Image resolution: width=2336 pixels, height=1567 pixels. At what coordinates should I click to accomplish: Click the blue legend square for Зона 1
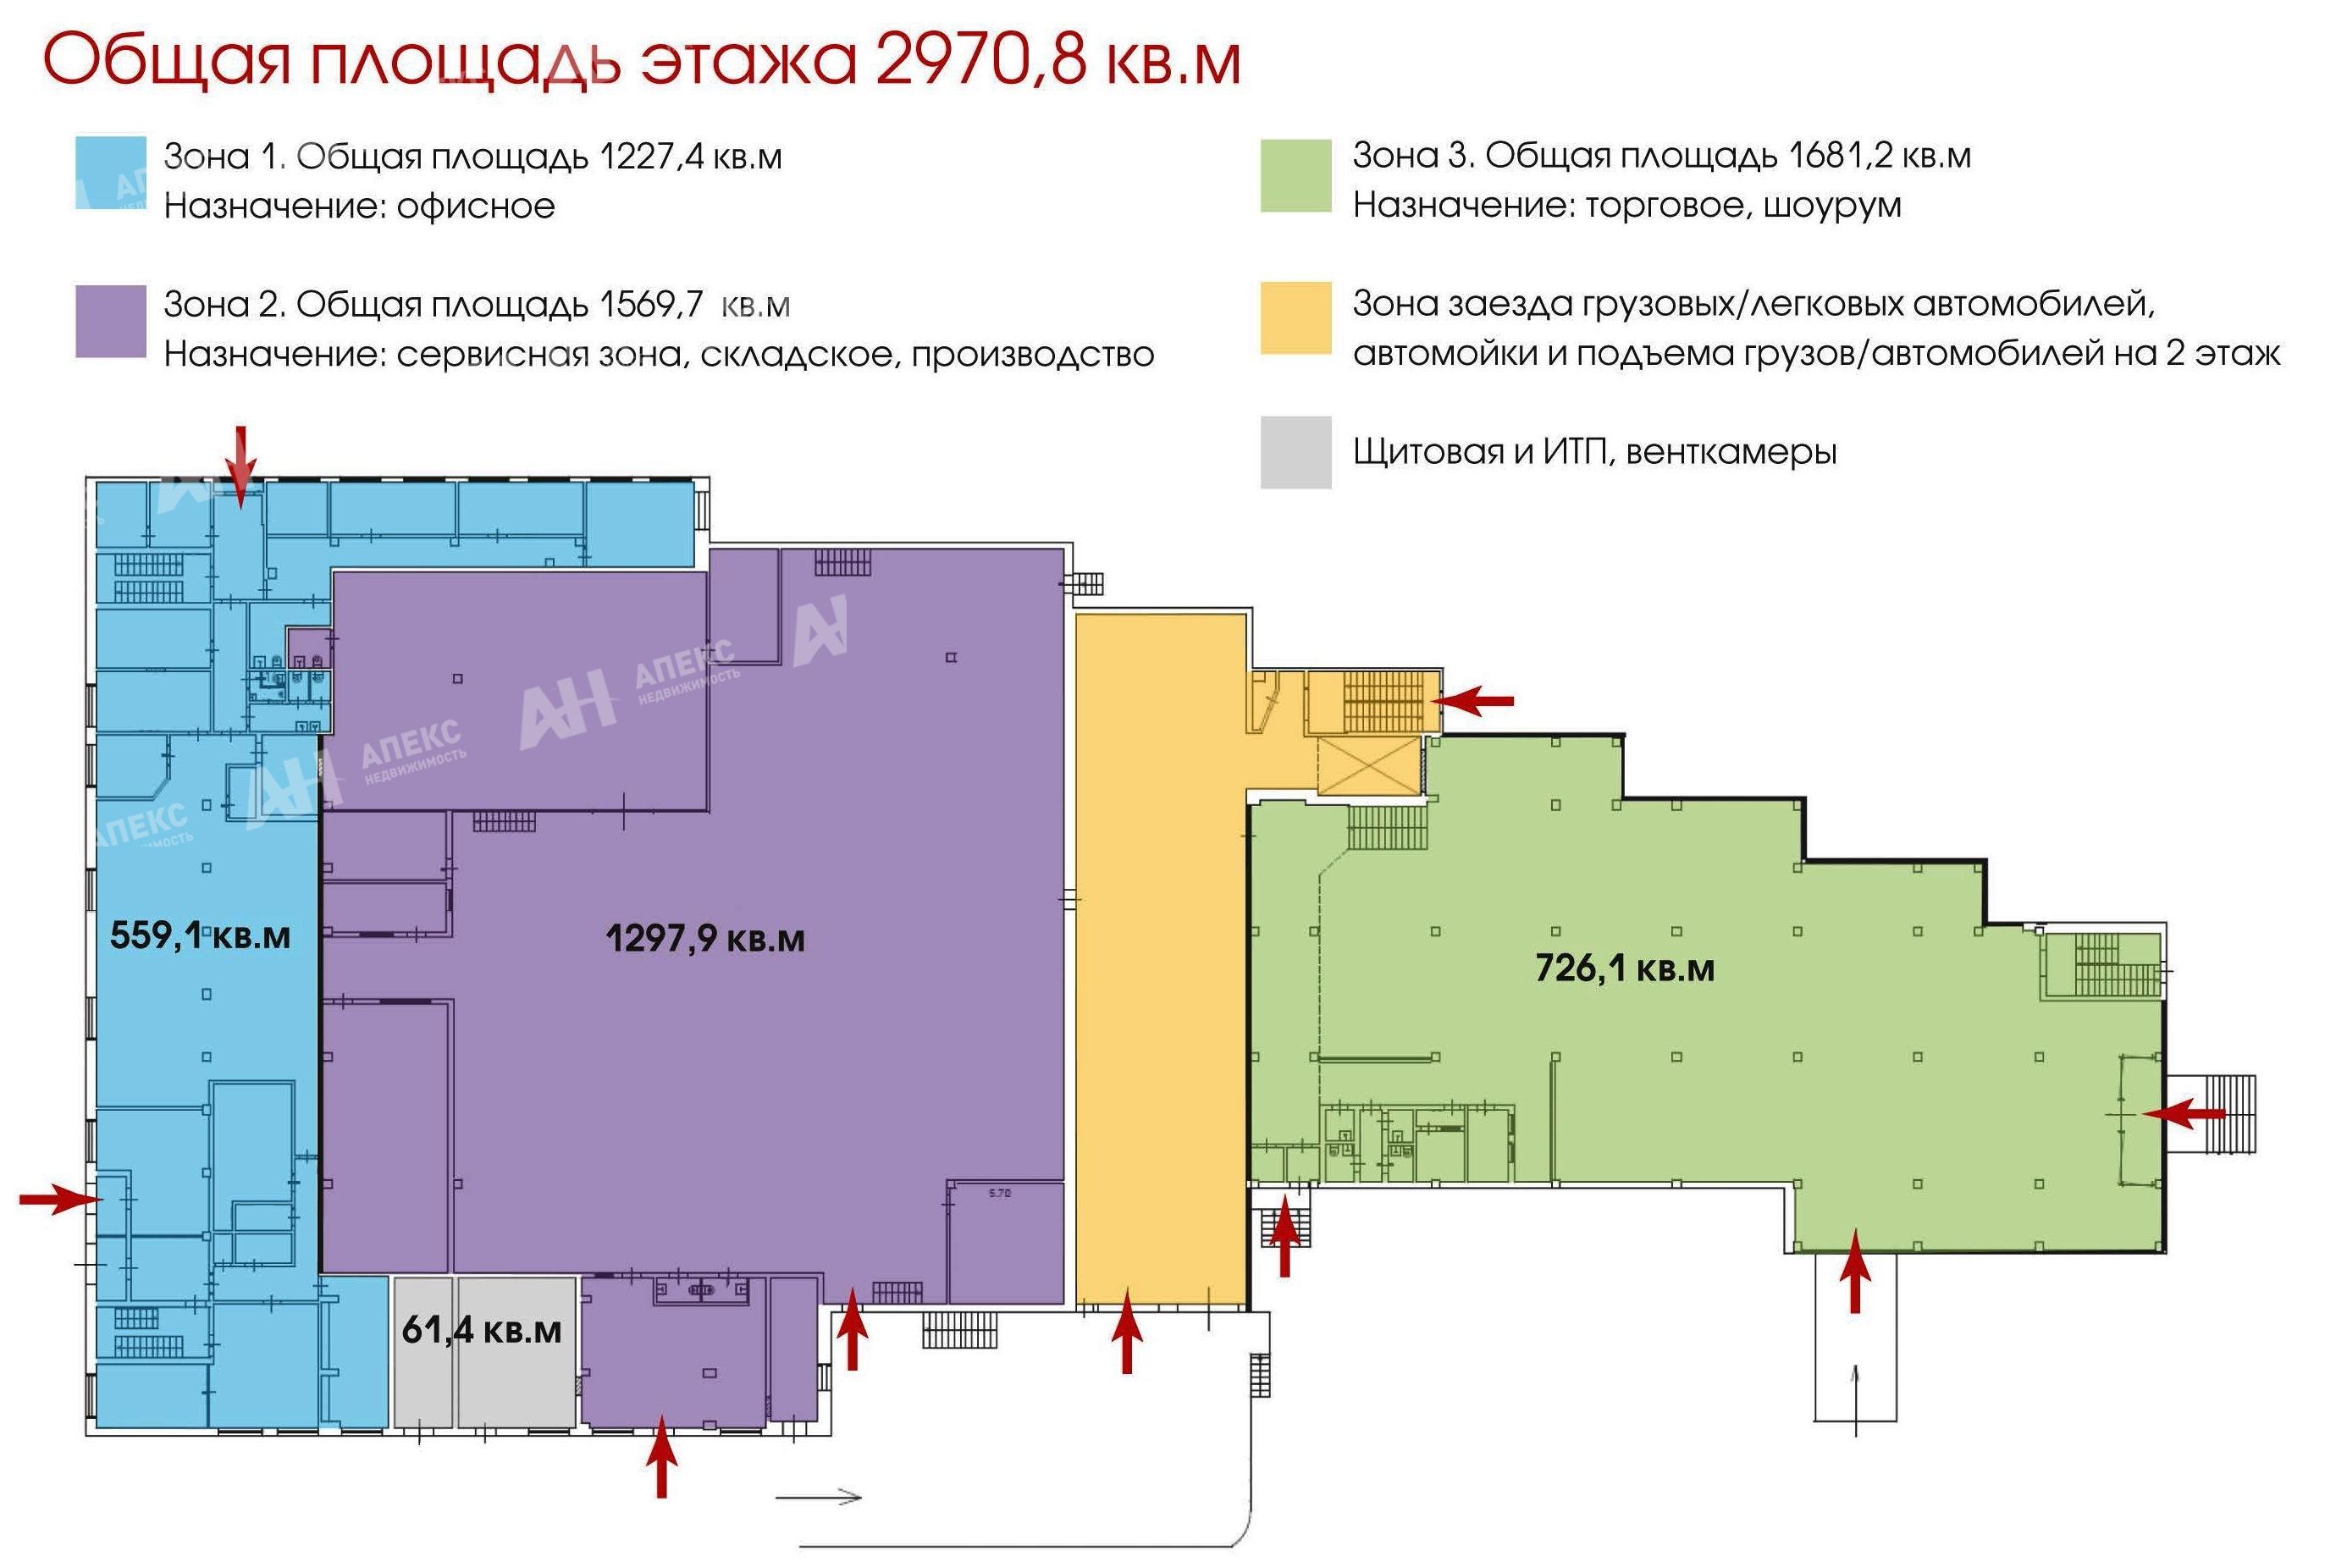click(x=111, y=173)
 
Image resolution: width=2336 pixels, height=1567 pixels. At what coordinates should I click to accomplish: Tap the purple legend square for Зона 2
click(x=111, y=322)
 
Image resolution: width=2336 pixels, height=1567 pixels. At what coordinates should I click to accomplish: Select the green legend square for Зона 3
click(x=1295, y=176)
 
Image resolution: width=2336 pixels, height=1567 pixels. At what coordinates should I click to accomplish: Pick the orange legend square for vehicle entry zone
click(x=1295, y=317)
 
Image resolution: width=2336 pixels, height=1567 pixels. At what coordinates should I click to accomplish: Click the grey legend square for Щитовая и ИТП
click(x=1295, y=453)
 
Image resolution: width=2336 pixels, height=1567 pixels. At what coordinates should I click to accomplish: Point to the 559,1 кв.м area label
click(x=200, y=935)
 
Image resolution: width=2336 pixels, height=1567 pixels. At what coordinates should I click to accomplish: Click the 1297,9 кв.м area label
click(x=704, y=938)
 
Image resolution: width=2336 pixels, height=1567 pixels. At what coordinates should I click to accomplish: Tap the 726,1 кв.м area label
click(x=1624, y=968)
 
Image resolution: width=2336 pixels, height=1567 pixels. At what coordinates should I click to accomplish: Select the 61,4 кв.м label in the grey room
click(x=481, y=1330)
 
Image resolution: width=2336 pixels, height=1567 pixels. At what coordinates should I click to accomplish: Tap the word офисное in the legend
click(x=476, y=206)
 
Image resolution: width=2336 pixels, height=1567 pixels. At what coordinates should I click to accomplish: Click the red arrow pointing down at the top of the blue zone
click(x=240, y=466)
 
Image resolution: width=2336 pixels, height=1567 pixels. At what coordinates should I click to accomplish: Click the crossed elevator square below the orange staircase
click(x=1369, y=766)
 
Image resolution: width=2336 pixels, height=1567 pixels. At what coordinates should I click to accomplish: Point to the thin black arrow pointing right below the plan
click(x=819, y=1496)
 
